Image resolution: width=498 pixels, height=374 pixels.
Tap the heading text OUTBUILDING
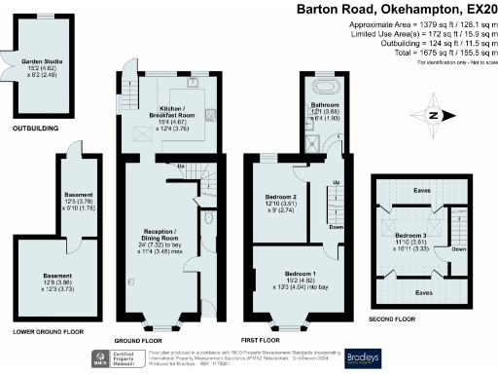(35, 128)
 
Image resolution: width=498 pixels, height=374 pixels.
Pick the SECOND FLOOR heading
(392, 318)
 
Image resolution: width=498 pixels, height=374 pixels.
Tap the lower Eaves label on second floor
(422, 290)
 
